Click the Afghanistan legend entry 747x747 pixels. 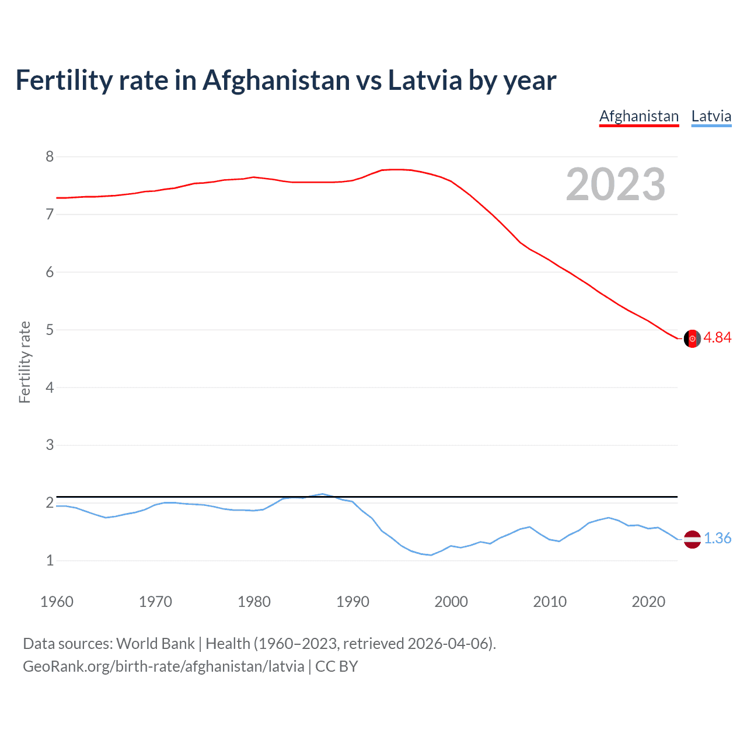pos(639,116)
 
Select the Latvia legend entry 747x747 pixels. pos(711,116)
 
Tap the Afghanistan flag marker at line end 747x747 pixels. pos(692,338)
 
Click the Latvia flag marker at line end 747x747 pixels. pos(692,539)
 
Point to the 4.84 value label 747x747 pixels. pos(717,338)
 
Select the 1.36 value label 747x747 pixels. pos(717,539)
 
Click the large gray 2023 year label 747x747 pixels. pos(616,184)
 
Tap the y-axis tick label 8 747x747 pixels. pos(50,156)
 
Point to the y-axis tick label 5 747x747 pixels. pos(50,330)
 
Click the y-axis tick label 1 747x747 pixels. pos(50,561)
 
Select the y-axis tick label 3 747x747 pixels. pos(50,445)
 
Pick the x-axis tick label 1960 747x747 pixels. pos(57,602)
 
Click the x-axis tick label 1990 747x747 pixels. pos(352,602)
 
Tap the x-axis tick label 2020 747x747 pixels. pos(648,602)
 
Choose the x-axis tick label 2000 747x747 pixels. pos(451,602)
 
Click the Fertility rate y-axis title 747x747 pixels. pos(25,362)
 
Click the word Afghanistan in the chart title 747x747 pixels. pos(275,81)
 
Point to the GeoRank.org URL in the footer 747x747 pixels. pos(163,666)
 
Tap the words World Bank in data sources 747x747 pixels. pos(155,644)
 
